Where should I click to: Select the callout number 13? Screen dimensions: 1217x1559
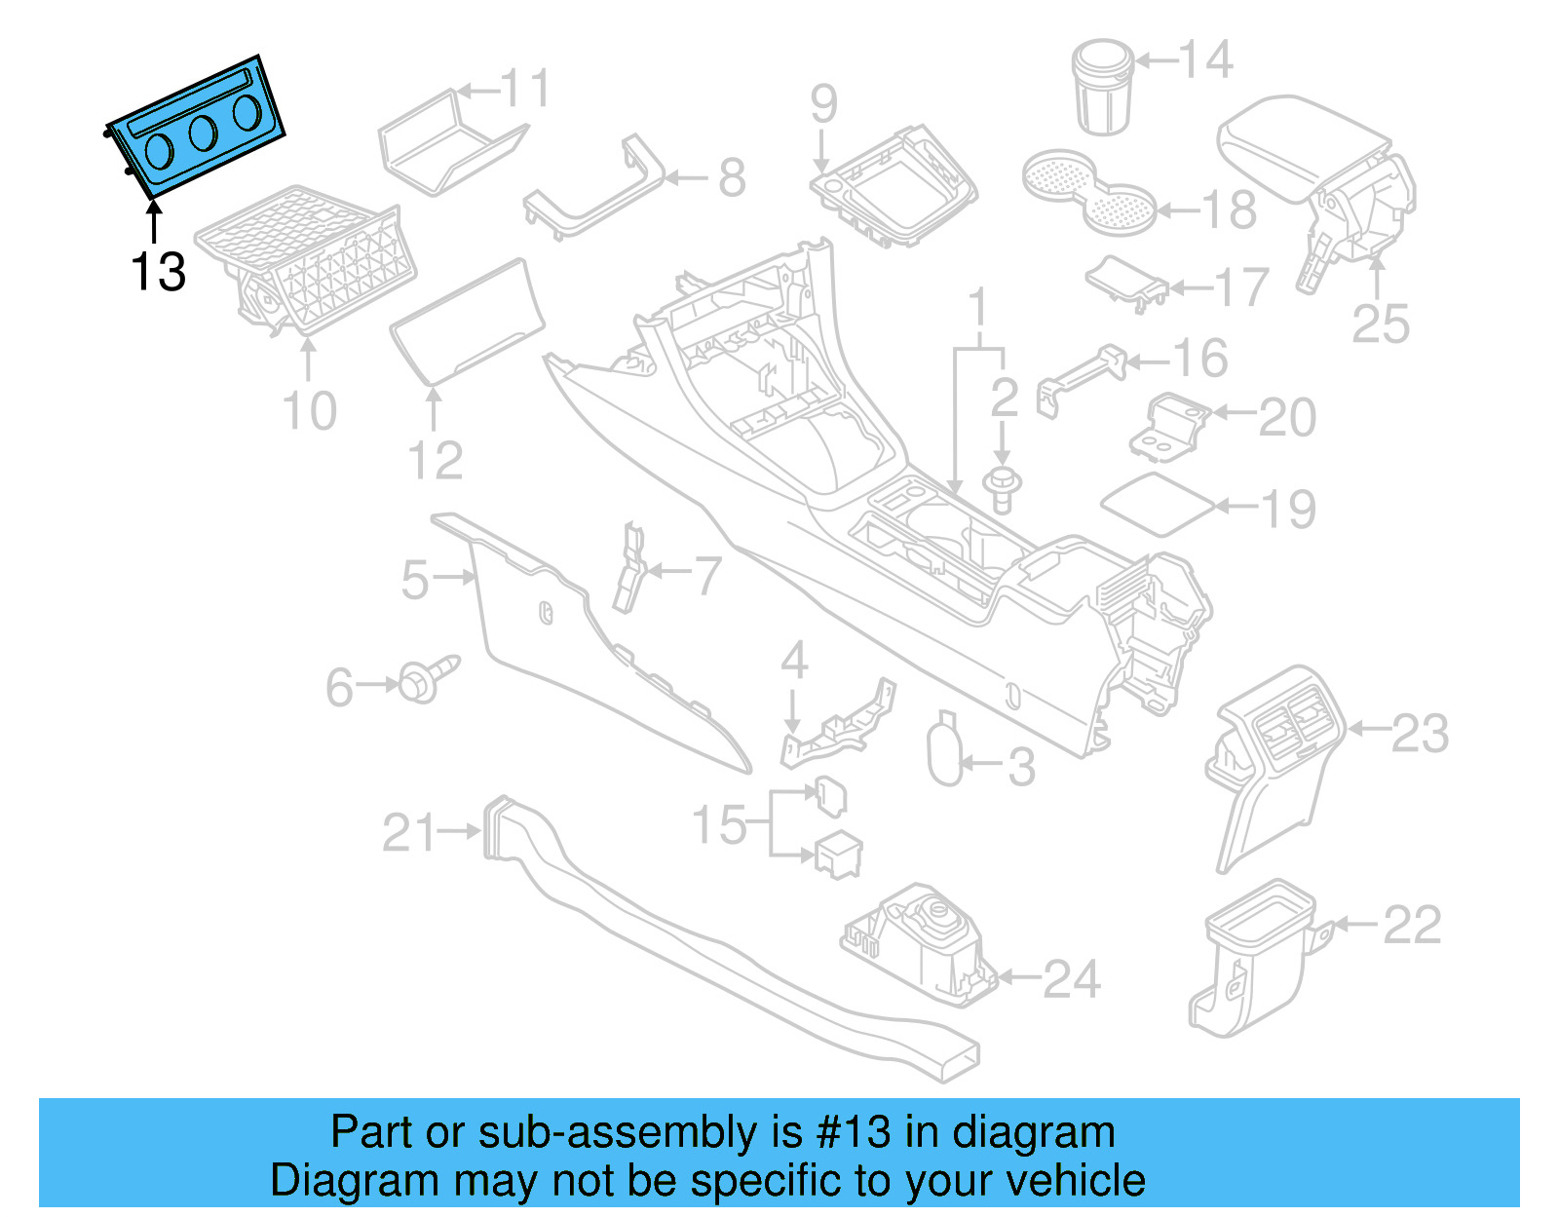(x=158, y=272)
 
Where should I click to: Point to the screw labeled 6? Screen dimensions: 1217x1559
(x=426, y=678)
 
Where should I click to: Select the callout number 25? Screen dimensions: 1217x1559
(x=1381, y=323)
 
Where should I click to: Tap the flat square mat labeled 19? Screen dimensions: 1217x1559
(x=1159, y=504)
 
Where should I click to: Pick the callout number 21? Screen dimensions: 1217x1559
(x=409, y=833)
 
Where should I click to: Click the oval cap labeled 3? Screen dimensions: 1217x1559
(x=945, y=750)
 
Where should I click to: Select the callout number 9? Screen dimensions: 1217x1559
(x=823, y=103)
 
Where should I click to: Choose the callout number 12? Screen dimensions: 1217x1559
(x=435, y=461)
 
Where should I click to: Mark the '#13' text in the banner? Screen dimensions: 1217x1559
(x=853, y=1133)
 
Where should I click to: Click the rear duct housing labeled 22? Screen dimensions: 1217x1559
(x=1252, y=960)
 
